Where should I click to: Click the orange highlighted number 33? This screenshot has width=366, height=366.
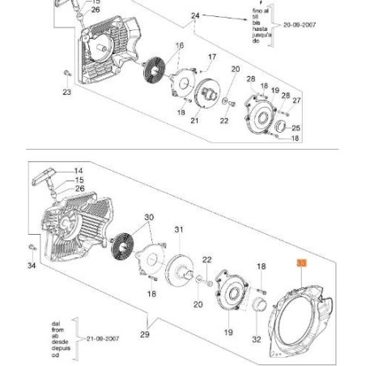(301, 263)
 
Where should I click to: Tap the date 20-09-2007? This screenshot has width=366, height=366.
(299, 25)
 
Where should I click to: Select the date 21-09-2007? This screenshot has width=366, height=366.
(101, 341)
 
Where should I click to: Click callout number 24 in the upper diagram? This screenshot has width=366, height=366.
(195, 16)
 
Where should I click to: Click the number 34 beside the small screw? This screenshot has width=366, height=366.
(32, 265)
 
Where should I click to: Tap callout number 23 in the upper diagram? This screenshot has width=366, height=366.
(66, 92)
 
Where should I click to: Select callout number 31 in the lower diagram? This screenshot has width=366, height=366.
(179, 230)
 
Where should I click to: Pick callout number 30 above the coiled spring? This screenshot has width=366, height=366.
(148, 218)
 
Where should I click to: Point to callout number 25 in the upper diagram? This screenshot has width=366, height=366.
(296, 128)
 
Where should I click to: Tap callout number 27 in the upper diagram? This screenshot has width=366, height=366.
(296, 100)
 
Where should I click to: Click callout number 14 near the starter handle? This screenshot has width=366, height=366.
(79, 171)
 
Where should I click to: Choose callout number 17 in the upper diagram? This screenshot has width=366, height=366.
(212, 57)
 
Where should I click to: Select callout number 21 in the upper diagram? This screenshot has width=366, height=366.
(194, 121)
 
